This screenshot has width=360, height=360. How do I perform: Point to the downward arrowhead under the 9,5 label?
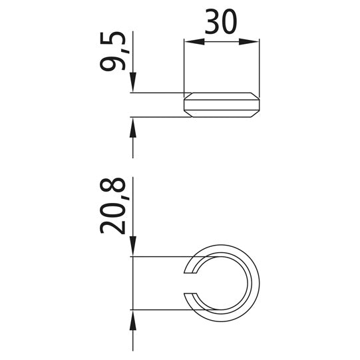click(133, 84)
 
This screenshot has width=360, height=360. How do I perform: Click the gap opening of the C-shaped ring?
click(190, 283)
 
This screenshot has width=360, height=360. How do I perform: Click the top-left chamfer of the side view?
click(188, 95)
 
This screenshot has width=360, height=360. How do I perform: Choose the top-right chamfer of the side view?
click(255, 95)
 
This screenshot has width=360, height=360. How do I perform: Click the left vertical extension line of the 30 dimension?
click(184, 67)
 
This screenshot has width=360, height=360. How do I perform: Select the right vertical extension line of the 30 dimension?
click(259, 67)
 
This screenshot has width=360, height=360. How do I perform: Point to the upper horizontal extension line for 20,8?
click(160, 256)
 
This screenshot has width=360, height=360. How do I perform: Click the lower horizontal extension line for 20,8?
click(160, 309)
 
